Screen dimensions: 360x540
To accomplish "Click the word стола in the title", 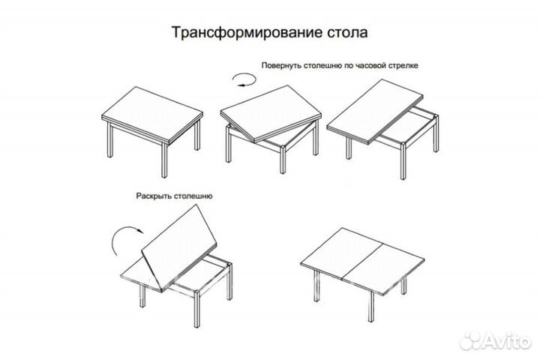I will click(345, 34).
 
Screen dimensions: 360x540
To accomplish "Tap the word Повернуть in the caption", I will click(281, 66).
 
